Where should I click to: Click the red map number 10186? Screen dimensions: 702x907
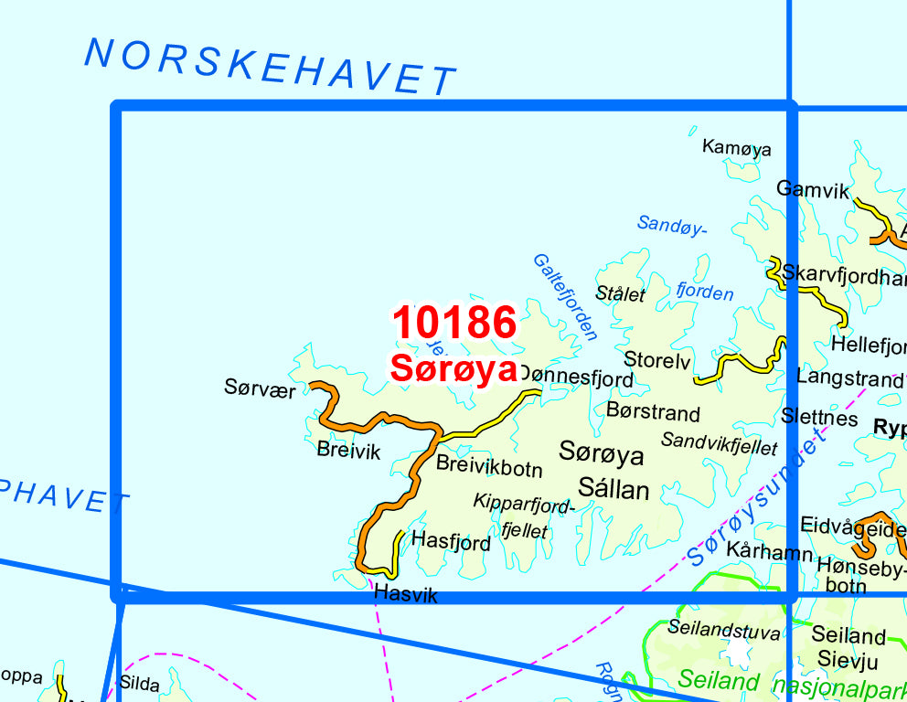(x=454, y=323)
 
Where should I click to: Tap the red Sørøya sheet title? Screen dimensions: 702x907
(x=453, y=367)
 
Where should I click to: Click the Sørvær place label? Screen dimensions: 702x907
(x=260, y=388)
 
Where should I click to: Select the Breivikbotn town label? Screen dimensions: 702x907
(x=489, y=467)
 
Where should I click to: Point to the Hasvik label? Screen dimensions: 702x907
(x=406, y=595)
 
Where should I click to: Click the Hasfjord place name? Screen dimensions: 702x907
(x=451, y=542)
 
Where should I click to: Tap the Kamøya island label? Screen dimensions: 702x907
(x=736, y=148)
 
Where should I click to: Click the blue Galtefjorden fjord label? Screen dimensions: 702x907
(x=564, y=297)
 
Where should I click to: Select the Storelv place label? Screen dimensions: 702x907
(x=656, y=360)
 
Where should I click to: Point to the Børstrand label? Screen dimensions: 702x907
(x=653, y=413)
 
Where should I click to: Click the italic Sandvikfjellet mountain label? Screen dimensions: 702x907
(x=719, y=444)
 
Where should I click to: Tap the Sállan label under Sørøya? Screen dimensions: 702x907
(x=614, y=490)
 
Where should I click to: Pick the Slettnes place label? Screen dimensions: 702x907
(x=819, y=418)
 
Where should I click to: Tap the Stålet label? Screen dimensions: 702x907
(x=620, y=294)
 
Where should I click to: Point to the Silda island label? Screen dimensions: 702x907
(x=139, y=684)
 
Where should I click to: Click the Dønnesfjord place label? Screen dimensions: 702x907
(x=575, y=378)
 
